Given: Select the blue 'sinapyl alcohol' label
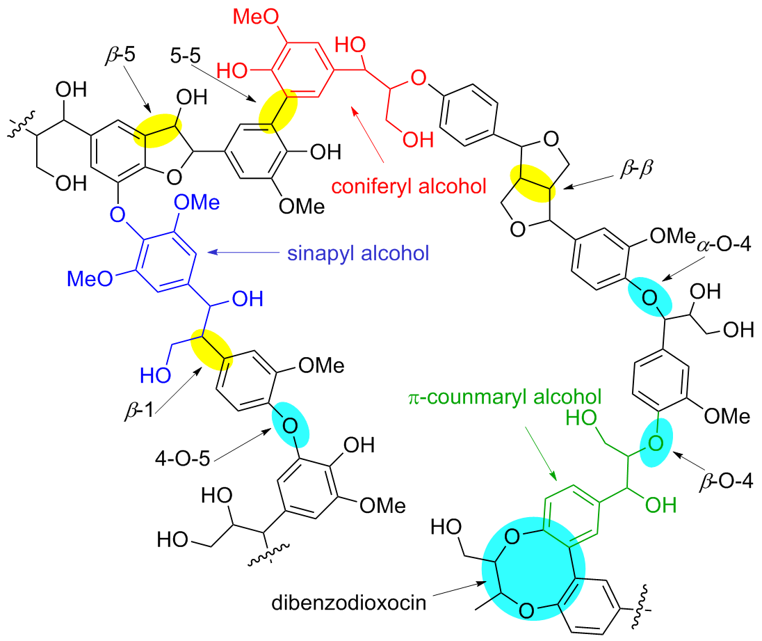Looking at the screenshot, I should (x=357, y=253).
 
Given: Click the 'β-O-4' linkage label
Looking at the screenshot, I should (x=723, y=481).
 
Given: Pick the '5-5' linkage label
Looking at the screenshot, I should (x=185, y=54).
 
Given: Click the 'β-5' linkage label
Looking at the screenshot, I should (x=119, y=54).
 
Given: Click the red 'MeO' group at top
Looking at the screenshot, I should (x=252, y=15).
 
